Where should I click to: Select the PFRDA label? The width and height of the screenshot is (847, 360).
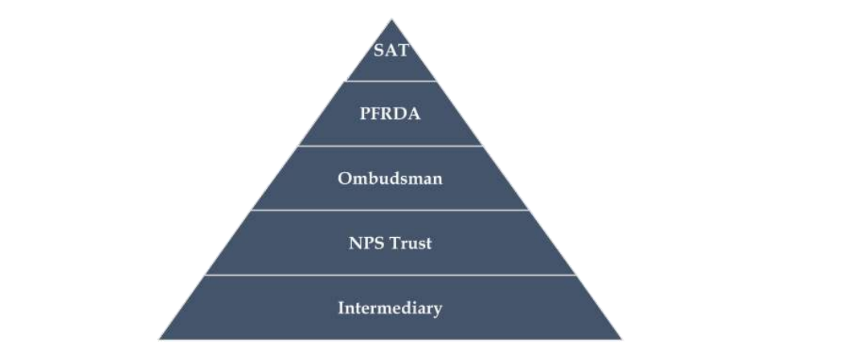(x=391, y=113)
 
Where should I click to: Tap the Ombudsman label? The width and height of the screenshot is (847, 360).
(x=391, y=178)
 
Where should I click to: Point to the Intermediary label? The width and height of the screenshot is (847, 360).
(x=391, y=308)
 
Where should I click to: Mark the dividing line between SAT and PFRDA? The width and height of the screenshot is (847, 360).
(x=391, y=81)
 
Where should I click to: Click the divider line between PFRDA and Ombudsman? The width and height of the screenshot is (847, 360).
(x=391, y=146)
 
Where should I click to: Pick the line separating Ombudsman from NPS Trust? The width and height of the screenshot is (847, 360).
(x=391, y=211)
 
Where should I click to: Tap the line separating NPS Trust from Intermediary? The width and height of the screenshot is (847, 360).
(x=391, y=275)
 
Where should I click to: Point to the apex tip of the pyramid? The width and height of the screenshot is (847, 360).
(x=391, y=19)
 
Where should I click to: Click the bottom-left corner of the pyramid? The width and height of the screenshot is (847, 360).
(x=159, y=339)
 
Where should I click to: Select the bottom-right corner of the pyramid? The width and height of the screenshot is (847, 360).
(x=622, y=339)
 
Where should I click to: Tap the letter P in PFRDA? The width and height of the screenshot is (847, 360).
(x=364, y=113)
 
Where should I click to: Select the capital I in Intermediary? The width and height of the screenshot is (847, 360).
(x=342, y=308)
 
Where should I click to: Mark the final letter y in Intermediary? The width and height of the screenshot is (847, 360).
(x=438, y=309)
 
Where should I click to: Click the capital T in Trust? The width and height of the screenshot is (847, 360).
(x=394, y=243)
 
